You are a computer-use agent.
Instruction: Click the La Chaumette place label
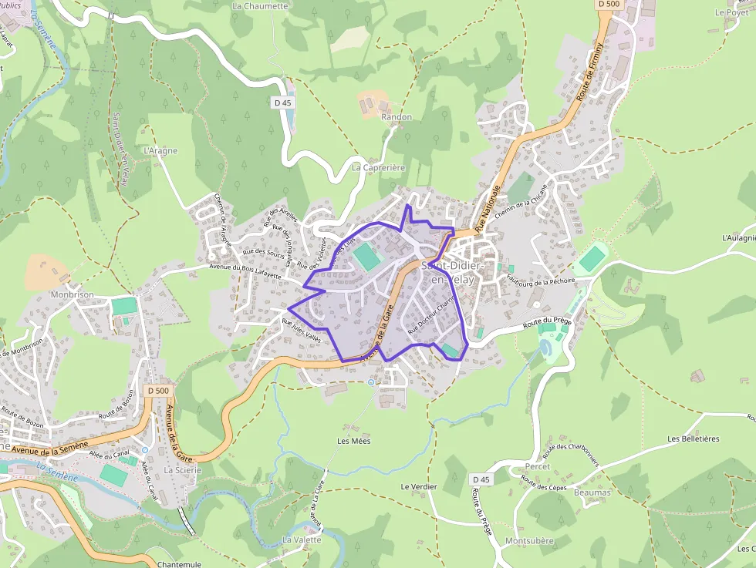[x=260, y=6]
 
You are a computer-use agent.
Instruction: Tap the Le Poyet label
[x=731, y=12]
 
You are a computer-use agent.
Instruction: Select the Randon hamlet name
[x=397, y=117]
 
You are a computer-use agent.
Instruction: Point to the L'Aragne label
[x=160, y=151]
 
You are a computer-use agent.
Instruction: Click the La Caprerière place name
[x=379, y=167]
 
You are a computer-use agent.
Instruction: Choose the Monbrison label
[x=72, y=294]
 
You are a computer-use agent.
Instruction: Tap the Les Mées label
[x=354, y=441]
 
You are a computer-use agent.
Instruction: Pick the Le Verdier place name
[x=419, y=487]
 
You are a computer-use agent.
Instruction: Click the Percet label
[x=537, y=467]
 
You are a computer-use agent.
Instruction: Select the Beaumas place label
[x=592, y=492]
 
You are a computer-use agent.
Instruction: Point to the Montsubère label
[x=529, y=541]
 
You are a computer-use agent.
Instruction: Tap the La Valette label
[x=302, y=540]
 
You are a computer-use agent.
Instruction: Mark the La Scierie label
[x=183, y=470]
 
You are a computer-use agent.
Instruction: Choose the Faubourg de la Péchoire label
[x=542, y=282]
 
